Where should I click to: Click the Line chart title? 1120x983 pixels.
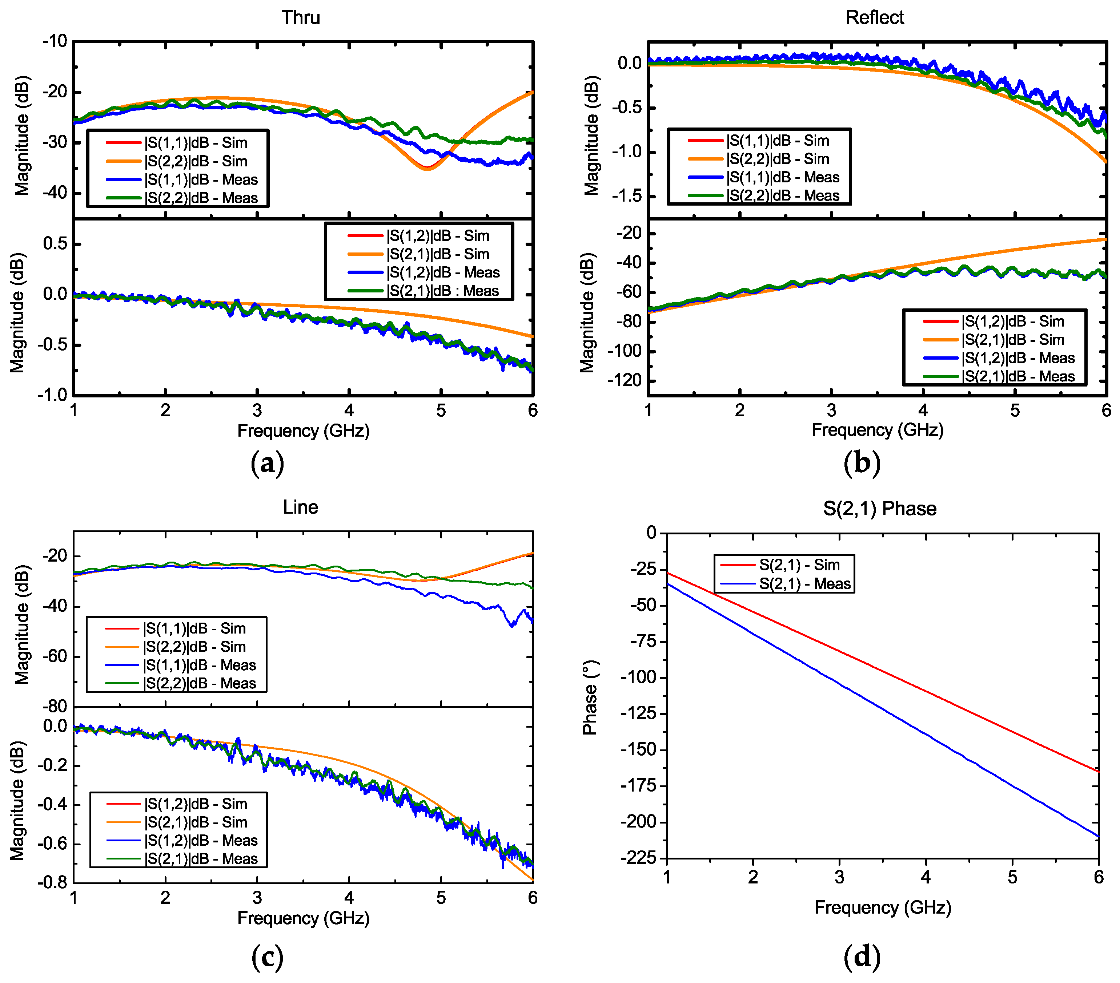pos(300,507)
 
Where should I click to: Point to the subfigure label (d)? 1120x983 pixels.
pos(862,957)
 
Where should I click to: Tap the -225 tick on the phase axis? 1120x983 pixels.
pos(639,858)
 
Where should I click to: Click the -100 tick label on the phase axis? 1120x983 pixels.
pos(639,677)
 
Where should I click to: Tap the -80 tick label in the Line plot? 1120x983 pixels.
pos(55,707)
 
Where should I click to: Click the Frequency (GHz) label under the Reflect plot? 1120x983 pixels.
pos(877,430)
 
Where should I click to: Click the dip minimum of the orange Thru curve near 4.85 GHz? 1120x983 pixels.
pos(427,169)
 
